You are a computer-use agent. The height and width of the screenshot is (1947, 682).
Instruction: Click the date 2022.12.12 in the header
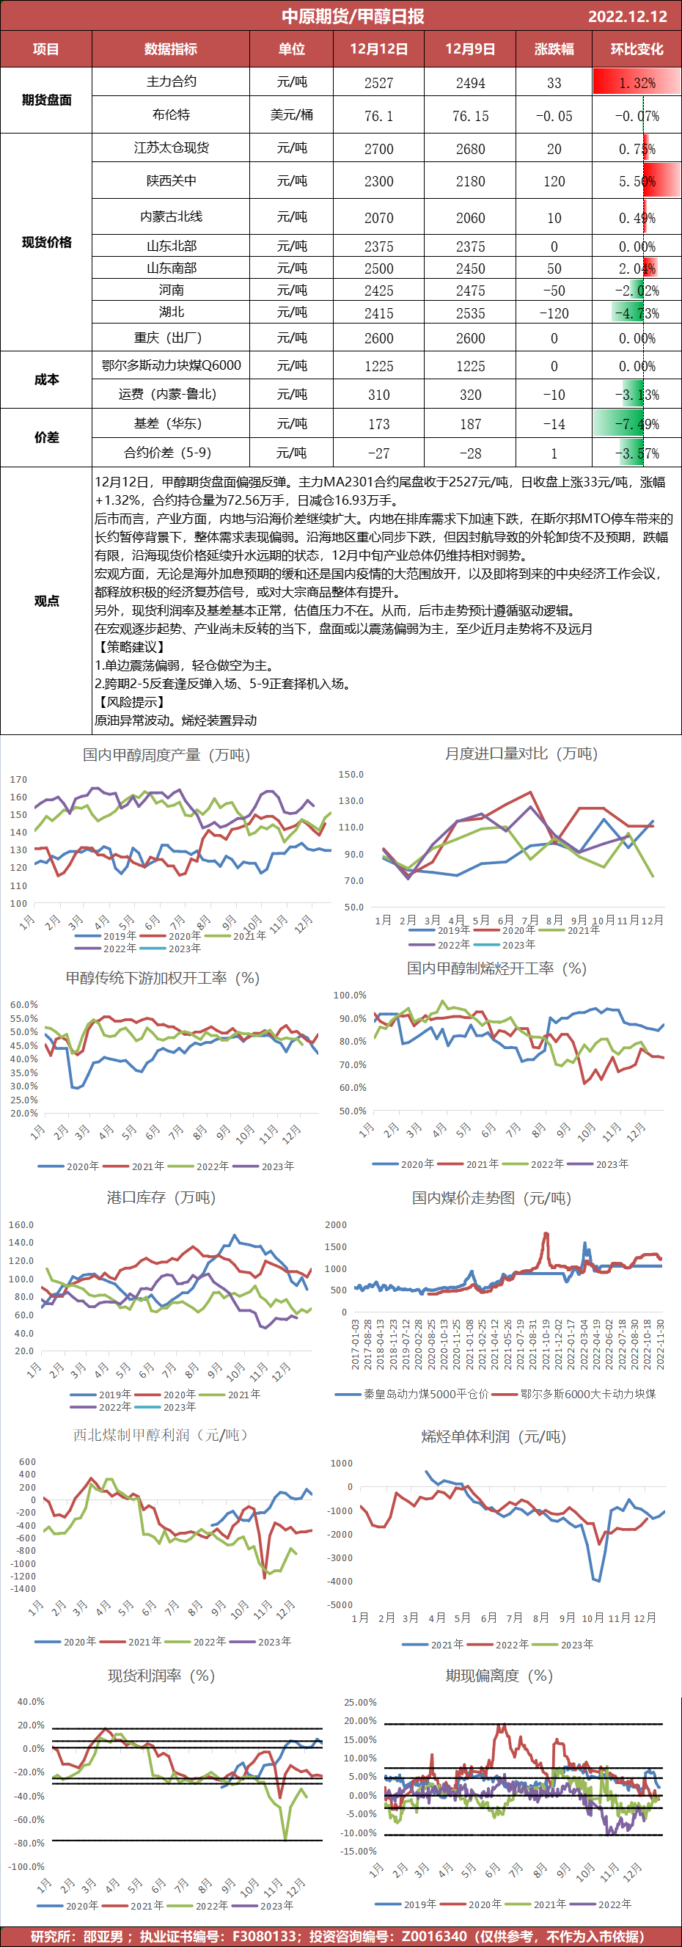[x=627, y=16]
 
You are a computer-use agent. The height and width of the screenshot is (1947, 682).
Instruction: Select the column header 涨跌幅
[x=554, y=49]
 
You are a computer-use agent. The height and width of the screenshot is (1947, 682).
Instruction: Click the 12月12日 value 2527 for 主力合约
[x=378, y=83]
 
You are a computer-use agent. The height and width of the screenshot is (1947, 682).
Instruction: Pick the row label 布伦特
[x=172, y=115]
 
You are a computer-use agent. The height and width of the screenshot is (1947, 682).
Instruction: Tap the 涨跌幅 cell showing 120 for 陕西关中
[x=554, y=181]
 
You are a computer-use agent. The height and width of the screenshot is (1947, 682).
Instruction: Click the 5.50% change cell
[x=637, y=181]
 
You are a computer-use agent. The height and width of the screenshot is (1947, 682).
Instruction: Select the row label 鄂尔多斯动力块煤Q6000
[x=172, y=366]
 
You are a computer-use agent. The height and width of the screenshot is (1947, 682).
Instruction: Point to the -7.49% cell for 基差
[x=637, y=425]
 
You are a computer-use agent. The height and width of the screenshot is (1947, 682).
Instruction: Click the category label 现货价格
[x=46, y=242]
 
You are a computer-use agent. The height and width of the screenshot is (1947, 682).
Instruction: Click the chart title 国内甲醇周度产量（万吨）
[x=166, y=755]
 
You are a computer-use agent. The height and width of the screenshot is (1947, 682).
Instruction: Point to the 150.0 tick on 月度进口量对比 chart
[x=351, y=775]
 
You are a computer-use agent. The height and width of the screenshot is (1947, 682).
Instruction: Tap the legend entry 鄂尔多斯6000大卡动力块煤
[x=587, y=1394]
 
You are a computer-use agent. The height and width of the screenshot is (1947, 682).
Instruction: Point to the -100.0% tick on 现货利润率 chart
[x=26, y=1866]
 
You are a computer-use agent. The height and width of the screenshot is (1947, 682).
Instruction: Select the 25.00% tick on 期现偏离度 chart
[x=360, y=1702]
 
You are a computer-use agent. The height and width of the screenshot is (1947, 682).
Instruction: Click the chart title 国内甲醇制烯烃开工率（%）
[x=496, y=968]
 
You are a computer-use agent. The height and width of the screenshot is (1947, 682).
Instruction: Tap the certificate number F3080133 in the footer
[x=263, y=1936]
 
